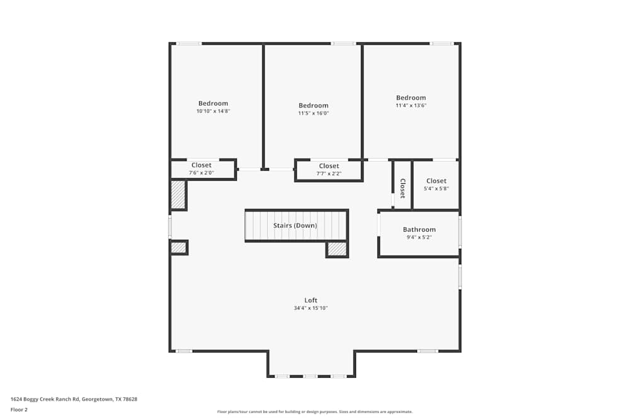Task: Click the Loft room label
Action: [311, 300]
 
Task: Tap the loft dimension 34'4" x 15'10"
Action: [311, 309]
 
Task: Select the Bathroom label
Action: [419, 230]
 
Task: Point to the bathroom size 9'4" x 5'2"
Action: [419, 238]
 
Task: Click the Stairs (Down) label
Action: [295, 225]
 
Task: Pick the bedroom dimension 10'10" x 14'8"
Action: [213, 111]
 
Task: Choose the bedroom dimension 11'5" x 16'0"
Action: [313, 113]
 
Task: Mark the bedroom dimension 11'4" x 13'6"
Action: [411, 106]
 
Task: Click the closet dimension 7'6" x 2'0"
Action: [202, 173]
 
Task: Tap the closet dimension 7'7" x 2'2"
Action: [329, 174]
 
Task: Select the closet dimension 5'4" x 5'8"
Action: [436, 188]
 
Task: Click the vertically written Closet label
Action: [403, 187]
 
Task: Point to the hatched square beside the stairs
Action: [337, 249]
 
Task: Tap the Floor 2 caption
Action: [19, 409]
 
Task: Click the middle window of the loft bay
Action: [310, 376]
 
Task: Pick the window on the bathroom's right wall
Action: [460, 232]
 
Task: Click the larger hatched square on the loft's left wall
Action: [178, 195]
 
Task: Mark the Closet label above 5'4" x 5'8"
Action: [436, 181]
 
